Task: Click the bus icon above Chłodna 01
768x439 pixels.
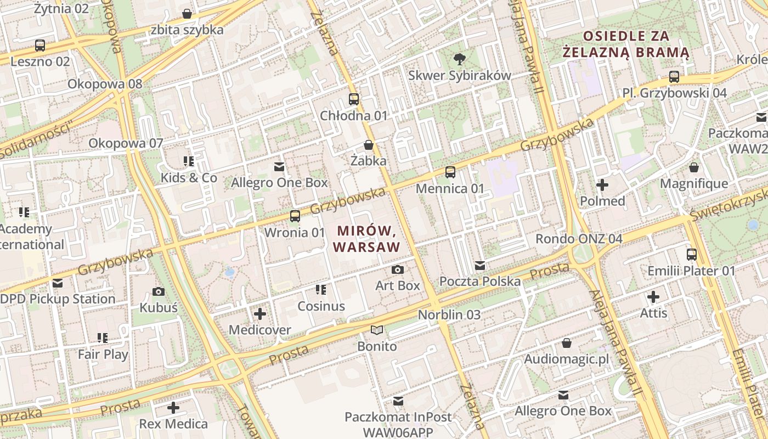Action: coord(354,99)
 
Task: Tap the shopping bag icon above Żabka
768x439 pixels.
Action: coord(369,145)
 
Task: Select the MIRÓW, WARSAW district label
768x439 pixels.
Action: coord(366,239)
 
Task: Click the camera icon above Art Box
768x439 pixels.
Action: coord(398,269)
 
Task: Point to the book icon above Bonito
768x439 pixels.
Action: coord(376,330)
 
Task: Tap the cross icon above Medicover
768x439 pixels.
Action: coord(260,314)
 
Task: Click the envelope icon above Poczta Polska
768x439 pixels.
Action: coord(480,266)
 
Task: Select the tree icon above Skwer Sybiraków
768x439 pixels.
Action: coord(459,59)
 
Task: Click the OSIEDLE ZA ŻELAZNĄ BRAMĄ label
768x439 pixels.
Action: coord(626,44)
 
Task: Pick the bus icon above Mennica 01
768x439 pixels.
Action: coord(450,172)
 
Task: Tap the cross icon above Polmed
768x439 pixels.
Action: coord(602,185)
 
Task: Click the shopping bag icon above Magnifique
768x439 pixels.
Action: coord(694,167)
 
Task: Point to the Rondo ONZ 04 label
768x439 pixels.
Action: coord(579,239)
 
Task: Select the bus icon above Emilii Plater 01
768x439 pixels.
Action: coord(691,255)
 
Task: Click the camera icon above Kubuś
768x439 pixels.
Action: coord(159,291)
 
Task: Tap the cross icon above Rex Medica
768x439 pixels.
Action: coord(173,408)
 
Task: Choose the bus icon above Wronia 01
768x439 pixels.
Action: coord(295,216)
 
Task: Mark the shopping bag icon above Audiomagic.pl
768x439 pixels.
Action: coord(567,343)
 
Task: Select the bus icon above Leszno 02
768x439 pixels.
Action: coord(40,46)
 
